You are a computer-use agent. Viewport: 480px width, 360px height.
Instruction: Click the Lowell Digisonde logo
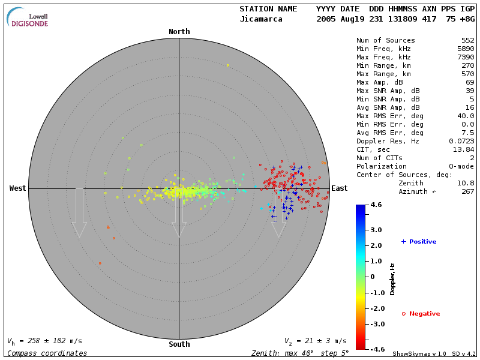pos(28,17)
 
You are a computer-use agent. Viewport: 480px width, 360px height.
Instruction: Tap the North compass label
pos(179,32)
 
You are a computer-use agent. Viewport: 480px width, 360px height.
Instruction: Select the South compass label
pos(179,344)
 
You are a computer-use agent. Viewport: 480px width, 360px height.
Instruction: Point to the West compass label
pos(18,188)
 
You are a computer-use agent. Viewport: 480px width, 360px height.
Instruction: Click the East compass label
pos(339,188)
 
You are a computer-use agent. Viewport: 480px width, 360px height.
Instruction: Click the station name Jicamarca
pos(261,19)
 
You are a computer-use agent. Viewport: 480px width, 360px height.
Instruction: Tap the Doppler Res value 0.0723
pos(461,140)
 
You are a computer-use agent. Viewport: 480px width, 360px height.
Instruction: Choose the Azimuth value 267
pos(467,191)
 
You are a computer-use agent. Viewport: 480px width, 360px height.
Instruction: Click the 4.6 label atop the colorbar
pos(376,205)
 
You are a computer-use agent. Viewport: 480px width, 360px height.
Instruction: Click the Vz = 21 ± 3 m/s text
pos(315,341)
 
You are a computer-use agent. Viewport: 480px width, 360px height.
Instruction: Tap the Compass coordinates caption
pos(47,353)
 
